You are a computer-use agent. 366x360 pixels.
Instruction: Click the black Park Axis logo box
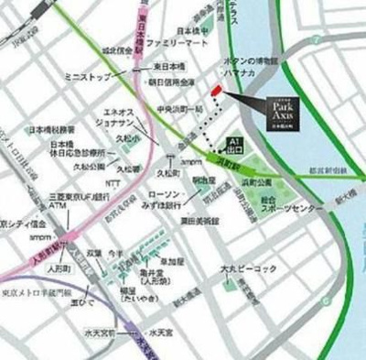pyautogui.click(x=284, y=103)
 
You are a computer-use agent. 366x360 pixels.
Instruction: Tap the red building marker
pyautogui.click(x=216, y=90)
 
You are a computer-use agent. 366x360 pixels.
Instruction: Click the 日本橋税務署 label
pyautogui.click(x=54, y=130)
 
